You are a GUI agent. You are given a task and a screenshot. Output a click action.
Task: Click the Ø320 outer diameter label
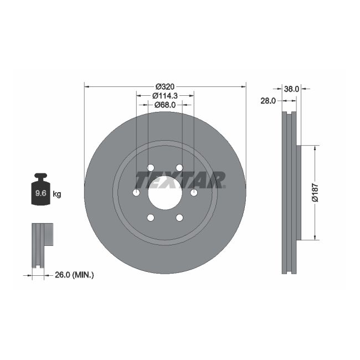pyautogui.click(x=164, y=86)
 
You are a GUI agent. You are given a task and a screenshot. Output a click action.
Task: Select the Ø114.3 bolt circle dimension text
pyautogui.click(x=164, y=95)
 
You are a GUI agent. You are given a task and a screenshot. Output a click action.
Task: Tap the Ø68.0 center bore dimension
pyautogui.click(x=164, y=104)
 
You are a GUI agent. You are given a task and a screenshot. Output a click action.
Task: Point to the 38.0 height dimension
pyautogui.click(x=291, y=88)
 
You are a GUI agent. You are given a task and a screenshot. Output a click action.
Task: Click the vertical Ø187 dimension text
pyautogui.click(x=313, y=192)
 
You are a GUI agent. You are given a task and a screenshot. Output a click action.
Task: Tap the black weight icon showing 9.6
pyautogui.click(x=40, y=191)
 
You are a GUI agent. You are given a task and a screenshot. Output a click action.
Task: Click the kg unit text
pyautogui.click(x=56, y=194)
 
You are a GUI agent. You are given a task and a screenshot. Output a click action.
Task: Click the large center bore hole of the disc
pyautogui.click(x=164, y=193)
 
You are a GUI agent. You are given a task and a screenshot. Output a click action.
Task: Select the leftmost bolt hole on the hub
pyautogui.click(x=136, y=193)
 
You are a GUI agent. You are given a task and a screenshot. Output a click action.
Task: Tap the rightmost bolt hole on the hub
pyautogui.click(x=194, y=193)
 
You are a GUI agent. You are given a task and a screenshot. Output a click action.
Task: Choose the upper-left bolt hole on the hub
pyautogui.click(x=150, y=168)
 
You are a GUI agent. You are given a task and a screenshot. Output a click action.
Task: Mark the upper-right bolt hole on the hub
pyautogui.click(x=179, y=168)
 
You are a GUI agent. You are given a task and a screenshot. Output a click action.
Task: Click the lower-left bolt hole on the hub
pyautogui.click(x=150, y=218)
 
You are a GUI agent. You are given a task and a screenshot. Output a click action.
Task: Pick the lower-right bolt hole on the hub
pyautogui.click(x=179, y=218)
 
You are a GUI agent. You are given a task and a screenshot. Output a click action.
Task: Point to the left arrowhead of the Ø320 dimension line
pyautogui.click(x=86, y=86)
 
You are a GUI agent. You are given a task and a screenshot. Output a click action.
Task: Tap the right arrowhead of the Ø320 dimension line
pyautogui.click(x=243, y=86)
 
